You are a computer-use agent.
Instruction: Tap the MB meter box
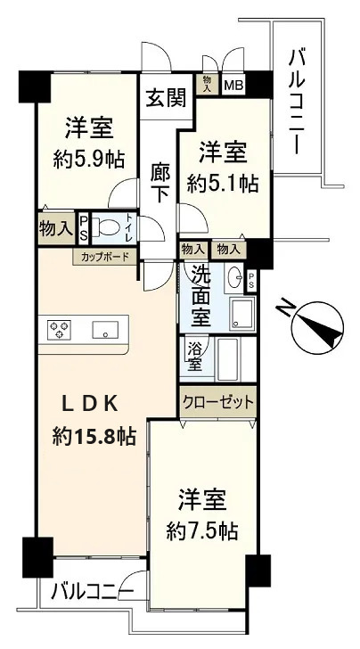(x=233, y=86)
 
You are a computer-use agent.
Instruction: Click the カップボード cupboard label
(x=104, y=257)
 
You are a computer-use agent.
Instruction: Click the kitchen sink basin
(x=105, y=330)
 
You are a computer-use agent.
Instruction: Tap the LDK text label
(x=90, y=404)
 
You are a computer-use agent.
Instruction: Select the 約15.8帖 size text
(x=94, y=436)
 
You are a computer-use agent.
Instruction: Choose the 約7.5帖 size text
(x=202, y=530)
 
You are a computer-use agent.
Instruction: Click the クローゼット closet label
(x=218, y=402)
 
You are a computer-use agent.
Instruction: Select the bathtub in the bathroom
(x=228, y=359)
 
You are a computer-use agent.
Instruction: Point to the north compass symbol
(x=317, y=329)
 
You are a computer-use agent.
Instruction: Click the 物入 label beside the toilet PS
(x=56, y=228)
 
